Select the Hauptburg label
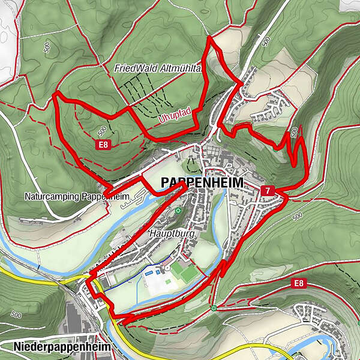pyautogui.click(x=172, y=233)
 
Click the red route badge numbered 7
pyautogui.click(x=268, y=190)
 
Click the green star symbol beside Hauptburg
pyautogui.click(x=178, y=211)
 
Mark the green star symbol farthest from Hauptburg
pyautogui.click(x=214, y=308)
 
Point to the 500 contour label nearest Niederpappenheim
pyautogui.click(x=16, y=314)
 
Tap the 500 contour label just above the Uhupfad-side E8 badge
pyautogui.click(x=101, y=130)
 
